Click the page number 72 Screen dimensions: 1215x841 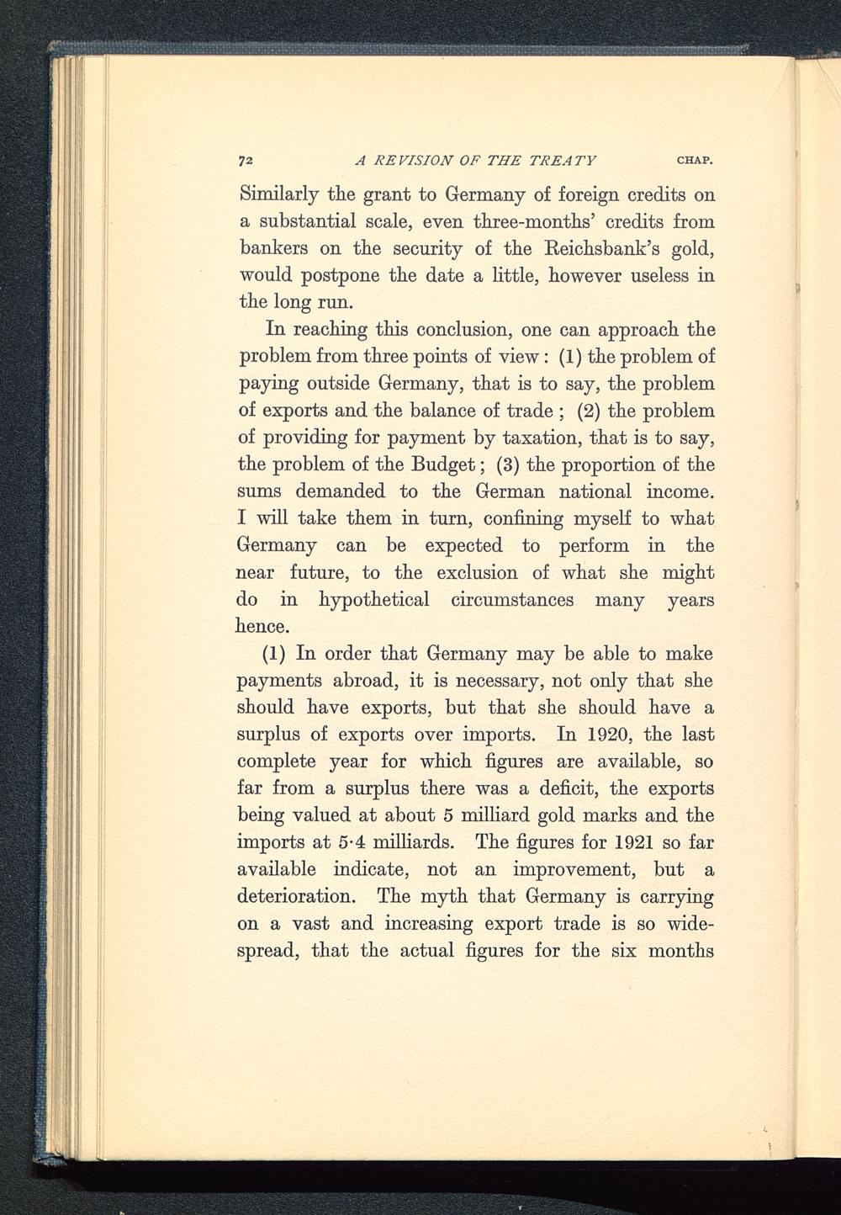point(246,159)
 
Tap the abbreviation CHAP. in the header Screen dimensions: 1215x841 point(694,160)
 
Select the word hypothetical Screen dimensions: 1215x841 point(375,600)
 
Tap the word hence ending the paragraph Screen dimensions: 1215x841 point(263,627)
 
